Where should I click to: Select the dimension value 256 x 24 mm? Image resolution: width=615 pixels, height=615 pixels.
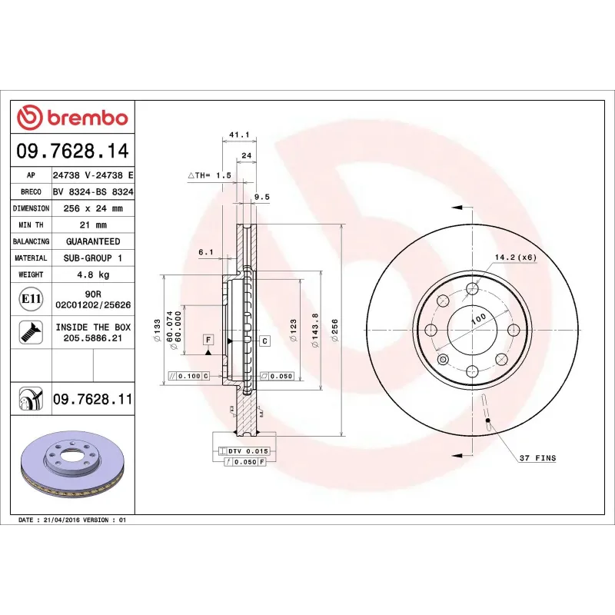pos(92,208)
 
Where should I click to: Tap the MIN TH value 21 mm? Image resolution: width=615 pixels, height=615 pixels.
pos(92,224)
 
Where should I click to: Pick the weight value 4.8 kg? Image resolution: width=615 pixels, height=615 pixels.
pos(92,274)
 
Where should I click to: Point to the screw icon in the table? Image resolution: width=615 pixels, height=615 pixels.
pos(30,332)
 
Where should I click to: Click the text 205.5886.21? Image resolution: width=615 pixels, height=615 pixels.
pos(92,337)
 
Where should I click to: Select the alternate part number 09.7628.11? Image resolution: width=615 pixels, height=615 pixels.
pos(92,400)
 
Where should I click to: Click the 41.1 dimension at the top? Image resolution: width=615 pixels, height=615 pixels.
pos(238,135)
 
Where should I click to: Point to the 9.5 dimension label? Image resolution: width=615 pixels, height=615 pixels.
pos(261,197)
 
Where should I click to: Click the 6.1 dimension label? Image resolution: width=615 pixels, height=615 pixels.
pos(205,252)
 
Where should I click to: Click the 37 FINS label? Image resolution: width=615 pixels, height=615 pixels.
pos(537,458)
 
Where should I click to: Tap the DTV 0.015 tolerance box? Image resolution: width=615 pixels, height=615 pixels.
pos(244,450)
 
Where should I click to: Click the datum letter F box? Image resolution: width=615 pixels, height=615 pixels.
pos(208,339)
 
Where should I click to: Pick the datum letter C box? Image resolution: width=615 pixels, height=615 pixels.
pos(264,340)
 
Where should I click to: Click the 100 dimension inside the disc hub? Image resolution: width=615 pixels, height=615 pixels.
pos(479,317)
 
